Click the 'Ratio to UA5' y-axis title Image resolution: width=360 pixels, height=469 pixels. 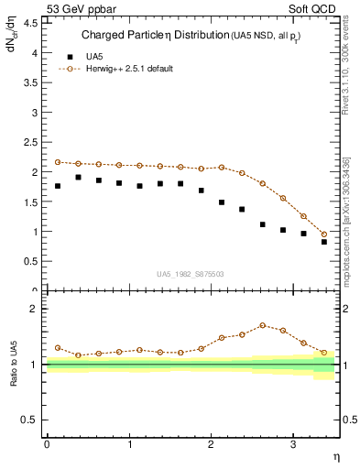point(14,364)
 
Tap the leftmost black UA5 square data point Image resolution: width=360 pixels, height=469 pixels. point(58,186)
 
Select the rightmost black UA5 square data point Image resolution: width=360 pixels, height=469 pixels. point(324,242)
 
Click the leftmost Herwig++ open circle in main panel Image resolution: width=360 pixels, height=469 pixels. point(58,162)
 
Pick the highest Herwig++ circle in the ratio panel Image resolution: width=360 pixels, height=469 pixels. point(263,325)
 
